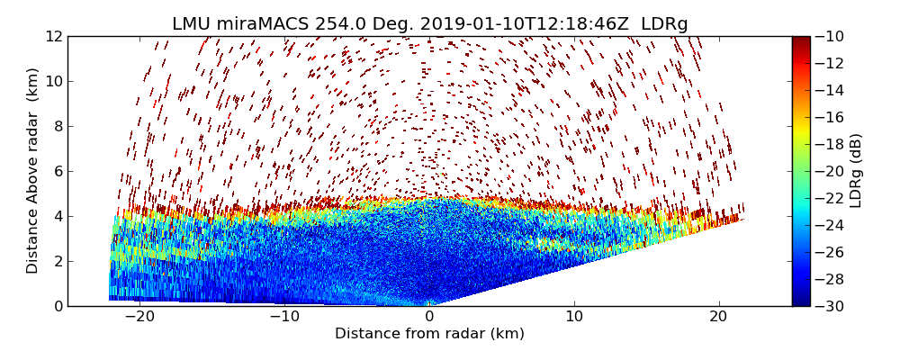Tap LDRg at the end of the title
(664, 24)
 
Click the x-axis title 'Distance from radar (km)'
(429, 334)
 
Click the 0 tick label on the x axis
(429, 317)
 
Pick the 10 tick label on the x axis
(574, 317)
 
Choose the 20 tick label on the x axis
(718, 317)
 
